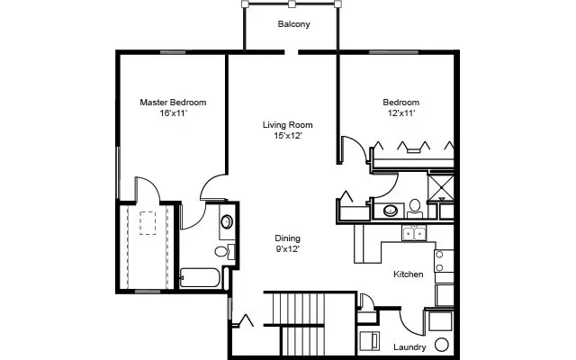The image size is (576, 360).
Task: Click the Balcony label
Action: (293, 24)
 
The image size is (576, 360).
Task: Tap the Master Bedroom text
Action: (173, 103)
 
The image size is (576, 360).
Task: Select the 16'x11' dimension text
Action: (173, 114)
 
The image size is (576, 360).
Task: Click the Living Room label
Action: (287, 124)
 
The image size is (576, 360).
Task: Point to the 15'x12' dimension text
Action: (287, 136)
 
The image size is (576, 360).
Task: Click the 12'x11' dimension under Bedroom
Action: (402, 114)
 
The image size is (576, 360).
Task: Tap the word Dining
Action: (287, 238)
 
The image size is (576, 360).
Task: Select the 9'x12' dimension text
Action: (287, 250)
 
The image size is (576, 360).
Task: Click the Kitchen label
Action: (408, 274)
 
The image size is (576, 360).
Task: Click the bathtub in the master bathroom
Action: (200, 279)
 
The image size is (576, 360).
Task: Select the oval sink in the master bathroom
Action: (226, 220)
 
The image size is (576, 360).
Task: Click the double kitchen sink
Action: (414, 234)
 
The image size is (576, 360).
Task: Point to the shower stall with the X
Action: (442, 185)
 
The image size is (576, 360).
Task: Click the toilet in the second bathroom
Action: (415, 208)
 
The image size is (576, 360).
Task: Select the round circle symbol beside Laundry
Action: (442, 346)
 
